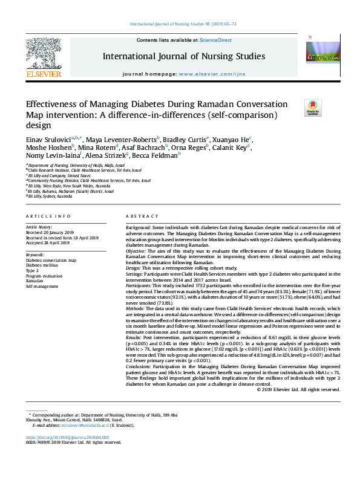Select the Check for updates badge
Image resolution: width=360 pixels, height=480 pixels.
(x=313, y=107)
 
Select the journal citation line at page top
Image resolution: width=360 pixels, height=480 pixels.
(x=180, y=24)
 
